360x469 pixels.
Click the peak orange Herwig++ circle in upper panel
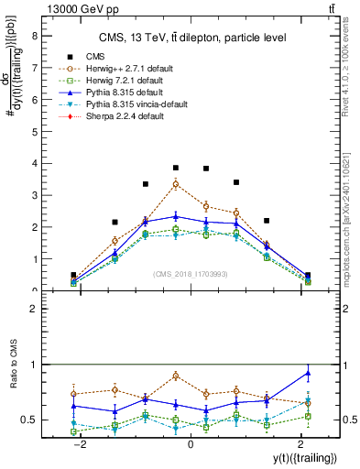[x=176, y=184]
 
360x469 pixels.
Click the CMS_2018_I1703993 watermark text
[x=191, y=275]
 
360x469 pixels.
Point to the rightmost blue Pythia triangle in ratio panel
[x=308, y=373]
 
